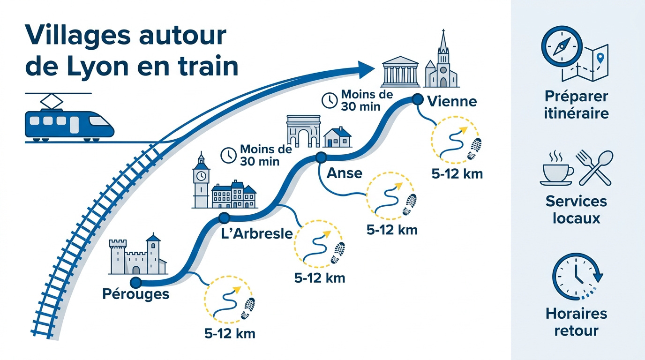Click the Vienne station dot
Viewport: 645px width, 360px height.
click(x=417, y=100)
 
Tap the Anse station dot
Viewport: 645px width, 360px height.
click(x=321, y=157)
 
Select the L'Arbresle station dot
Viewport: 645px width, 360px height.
click(x=224, y=217)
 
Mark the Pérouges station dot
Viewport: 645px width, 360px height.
click(x=135, y=283)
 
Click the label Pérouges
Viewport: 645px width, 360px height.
click(x=135, y=295)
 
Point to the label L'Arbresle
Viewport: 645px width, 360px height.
click(x=257, y=233)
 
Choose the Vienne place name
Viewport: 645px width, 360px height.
click(x=452, y=101)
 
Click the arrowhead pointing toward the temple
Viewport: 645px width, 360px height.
click(x=366, y=69)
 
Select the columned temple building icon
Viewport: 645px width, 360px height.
click(x=400, y=72)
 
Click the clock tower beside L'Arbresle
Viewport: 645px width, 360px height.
click(x=201, y=180)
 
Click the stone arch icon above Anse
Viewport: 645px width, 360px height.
click(x=303, y=131)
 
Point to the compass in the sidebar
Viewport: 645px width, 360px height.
click(x=562, y=46)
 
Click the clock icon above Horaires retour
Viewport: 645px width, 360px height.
click(x=577, y=277)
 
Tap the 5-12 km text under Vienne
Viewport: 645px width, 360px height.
click(x=457, y=174)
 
